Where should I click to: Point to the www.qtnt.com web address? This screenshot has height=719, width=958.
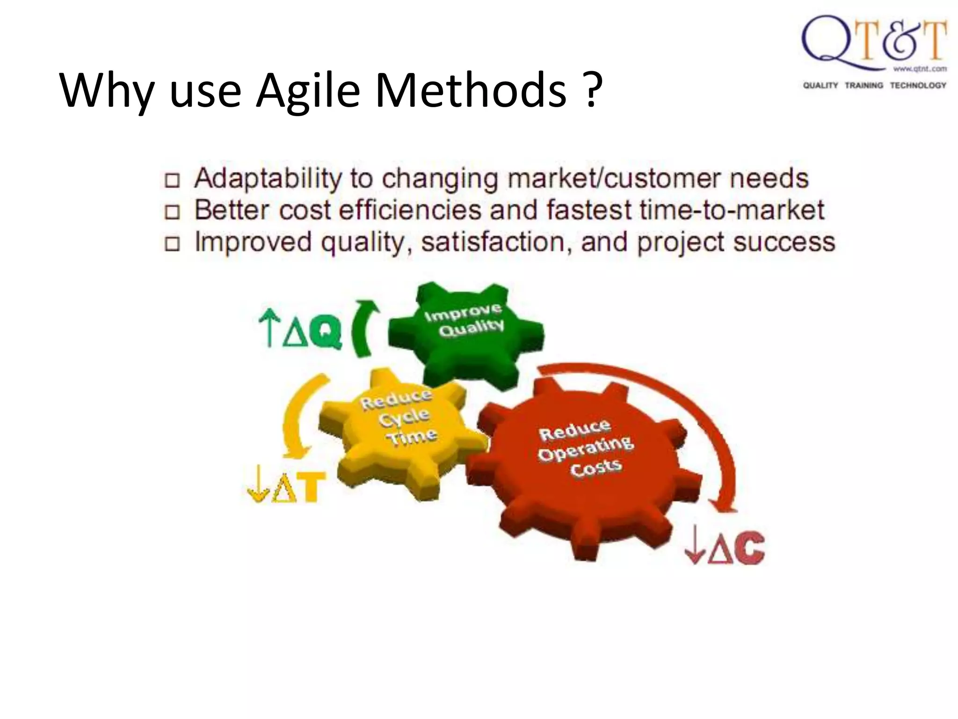(920, 69)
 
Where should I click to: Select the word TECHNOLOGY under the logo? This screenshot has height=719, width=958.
(918, 85)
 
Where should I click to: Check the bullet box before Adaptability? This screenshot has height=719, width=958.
(173, 181)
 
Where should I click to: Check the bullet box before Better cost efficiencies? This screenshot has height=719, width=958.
(173, 212)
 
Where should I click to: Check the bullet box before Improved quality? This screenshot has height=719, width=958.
(173, 244)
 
